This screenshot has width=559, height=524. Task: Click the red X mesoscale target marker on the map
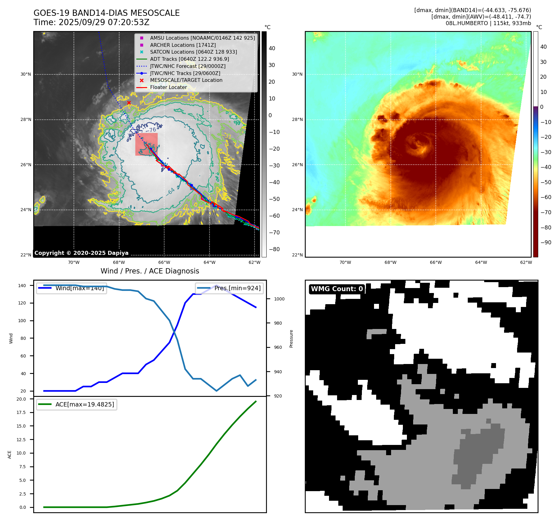(129, 103)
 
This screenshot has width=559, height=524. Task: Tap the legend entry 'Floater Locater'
(168, 87)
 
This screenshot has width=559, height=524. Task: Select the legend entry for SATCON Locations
(193, 52)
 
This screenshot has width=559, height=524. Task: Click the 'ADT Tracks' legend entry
(189, 59)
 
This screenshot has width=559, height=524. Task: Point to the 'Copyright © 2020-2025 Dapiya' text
(81, 253)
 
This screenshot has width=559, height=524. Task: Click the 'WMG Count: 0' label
(337, 289)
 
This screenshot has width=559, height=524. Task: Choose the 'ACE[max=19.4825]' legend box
(77, 405)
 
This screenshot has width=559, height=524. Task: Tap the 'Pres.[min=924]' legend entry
(229, 288)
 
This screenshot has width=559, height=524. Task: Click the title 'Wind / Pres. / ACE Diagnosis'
(150, 271)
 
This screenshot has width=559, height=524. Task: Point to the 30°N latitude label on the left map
(26, 74)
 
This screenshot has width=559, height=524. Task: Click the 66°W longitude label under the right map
(435, 263)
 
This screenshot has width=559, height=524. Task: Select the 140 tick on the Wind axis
(22, 286)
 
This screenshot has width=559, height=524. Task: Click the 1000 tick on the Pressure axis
(279, 299)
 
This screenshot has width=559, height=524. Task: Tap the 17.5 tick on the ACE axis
(21, 413)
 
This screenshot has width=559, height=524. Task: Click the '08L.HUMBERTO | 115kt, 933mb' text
(488, 23)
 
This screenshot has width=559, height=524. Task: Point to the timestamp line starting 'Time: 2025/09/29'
(92, 23)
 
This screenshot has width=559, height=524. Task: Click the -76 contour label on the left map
(151, 130)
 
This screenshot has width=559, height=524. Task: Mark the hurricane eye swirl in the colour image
(419, 143)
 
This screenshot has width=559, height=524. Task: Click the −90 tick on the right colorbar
(546, 242)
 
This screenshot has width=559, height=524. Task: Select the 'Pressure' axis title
(291, 339)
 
